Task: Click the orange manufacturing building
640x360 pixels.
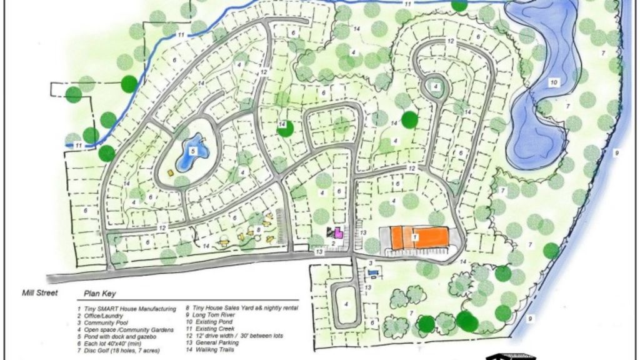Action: (x=419, y=237)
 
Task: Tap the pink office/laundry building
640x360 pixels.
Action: (x=339, y=233)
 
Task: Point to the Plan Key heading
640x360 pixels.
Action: (x=99, y=294)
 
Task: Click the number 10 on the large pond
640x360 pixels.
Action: (x=554, y=82)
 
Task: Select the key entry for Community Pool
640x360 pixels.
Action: (x=106, y=322)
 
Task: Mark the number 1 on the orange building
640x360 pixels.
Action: (x=416, y=237)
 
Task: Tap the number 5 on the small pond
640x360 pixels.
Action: (x=192, y=151)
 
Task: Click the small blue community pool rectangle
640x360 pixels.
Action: (x=374, y=272)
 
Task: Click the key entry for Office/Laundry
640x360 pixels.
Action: (x=102, y=316)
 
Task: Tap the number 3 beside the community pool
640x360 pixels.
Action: (x=370, y=263)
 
